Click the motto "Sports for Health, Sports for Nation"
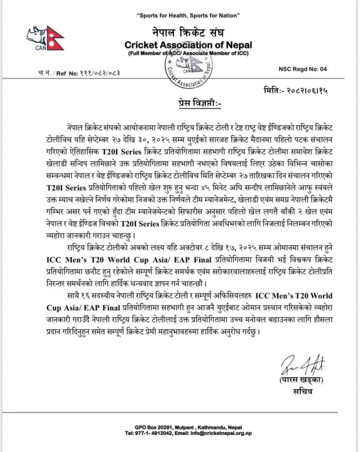pos(189,16)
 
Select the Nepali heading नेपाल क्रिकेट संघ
pos(188,33)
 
